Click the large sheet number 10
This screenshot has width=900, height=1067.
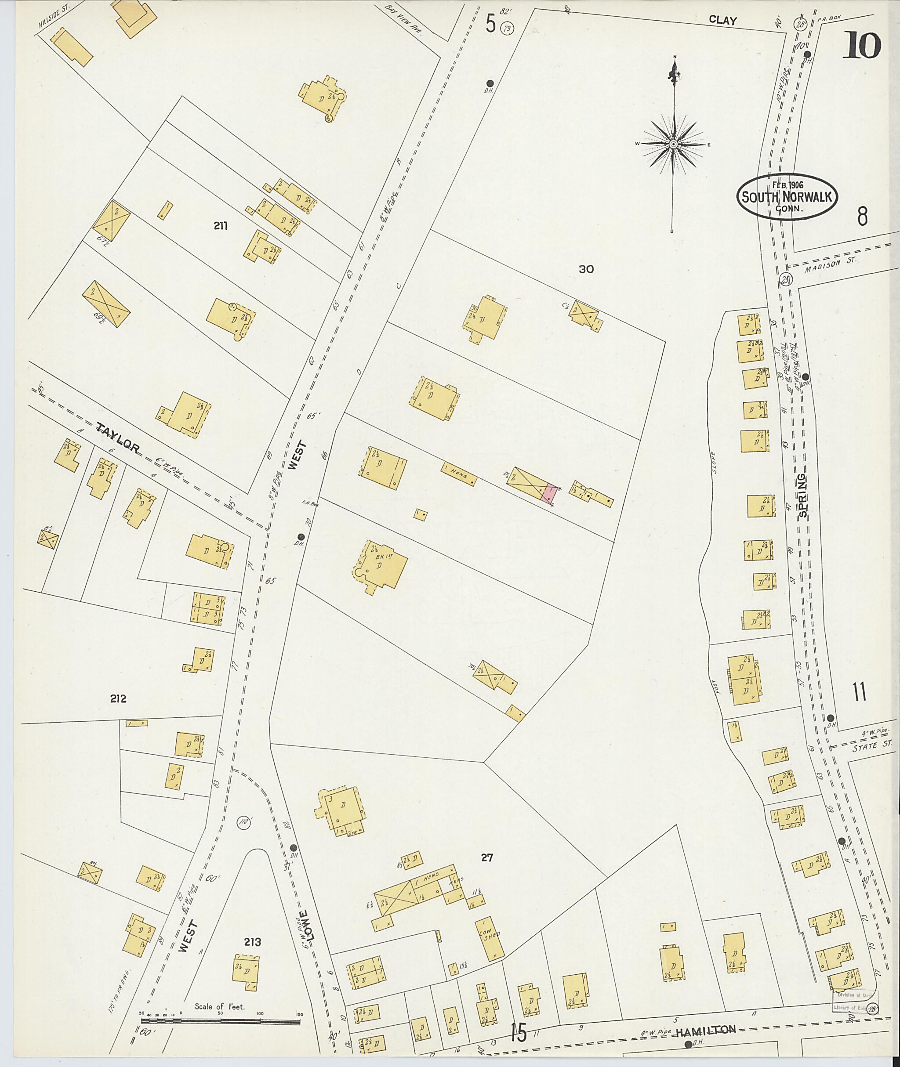point(862,45)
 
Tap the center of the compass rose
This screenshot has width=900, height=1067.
point(674,145)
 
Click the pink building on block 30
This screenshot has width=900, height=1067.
point(549,493)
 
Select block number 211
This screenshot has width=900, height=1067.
point(221,226)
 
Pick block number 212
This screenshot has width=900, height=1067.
point(118,699)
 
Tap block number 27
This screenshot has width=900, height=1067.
point(487,858)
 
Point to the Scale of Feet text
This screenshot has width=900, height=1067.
point(219,992)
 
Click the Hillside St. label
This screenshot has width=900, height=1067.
point(53,14)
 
